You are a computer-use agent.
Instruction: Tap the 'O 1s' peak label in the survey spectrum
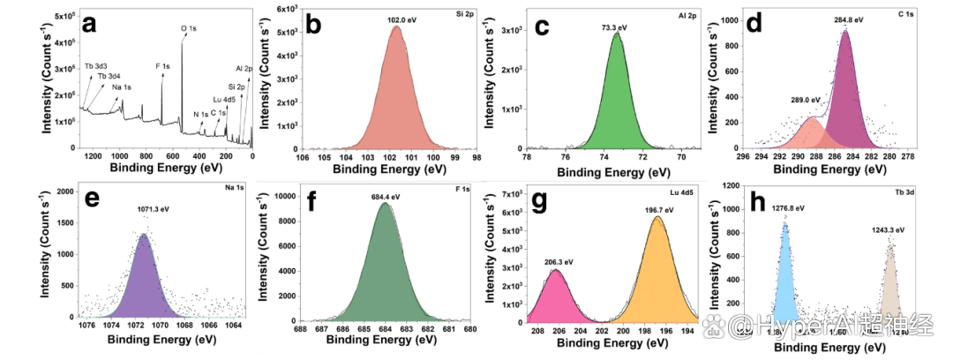coord(189,28)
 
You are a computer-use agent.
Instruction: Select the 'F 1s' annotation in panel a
coord(162,65)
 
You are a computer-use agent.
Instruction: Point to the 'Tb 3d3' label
coord(97,66)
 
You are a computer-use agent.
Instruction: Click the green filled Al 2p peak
coord(618,106)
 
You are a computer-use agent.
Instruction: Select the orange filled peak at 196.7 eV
coord(657,274)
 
